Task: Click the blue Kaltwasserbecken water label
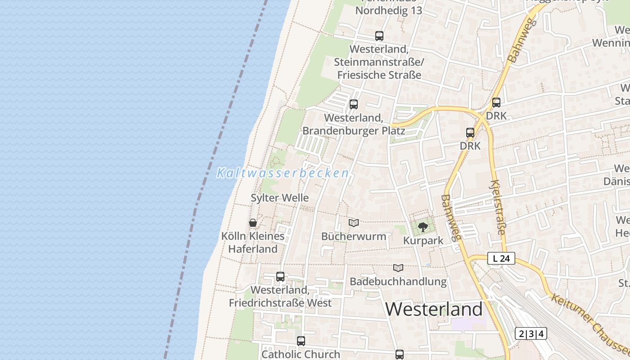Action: (283, 173)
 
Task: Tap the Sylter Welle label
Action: (279, 198)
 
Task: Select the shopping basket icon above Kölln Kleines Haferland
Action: (253, 223)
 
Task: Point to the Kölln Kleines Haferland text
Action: (253, 242)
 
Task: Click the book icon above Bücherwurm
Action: (354, 223)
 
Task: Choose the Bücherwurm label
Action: (354, 236)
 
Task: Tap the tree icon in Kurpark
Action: (423, 227)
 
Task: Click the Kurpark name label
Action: (423, 241)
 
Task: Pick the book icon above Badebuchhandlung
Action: (398, 268)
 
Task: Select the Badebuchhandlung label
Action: (398, 282)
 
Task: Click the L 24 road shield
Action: (501, 258)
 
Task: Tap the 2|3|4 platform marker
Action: (531, 333)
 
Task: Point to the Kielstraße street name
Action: (498, 207)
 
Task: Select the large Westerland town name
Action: (434, 310)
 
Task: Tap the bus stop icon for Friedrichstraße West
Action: (280, 277)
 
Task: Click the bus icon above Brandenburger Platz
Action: (354, 104)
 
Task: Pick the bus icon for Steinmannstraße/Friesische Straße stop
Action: (379, 36)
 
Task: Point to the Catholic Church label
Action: (301, 354)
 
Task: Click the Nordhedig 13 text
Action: (389, 11)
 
